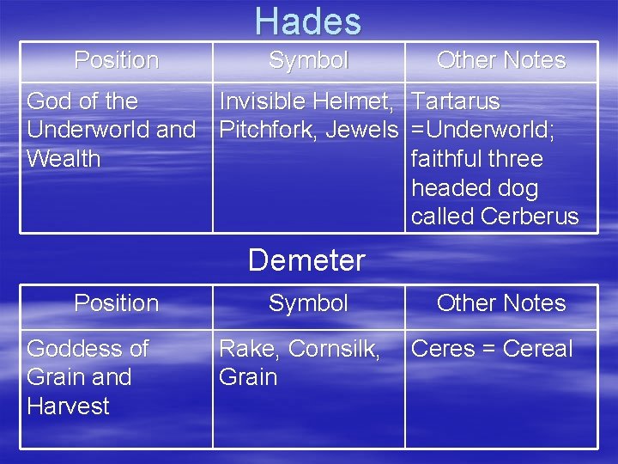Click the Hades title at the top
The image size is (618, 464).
308,21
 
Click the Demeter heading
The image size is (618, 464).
306,259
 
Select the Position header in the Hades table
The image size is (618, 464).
117,60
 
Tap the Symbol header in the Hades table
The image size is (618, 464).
308,60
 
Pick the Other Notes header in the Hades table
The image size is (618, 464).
501,60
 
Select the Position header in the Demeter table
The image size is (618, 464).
117,303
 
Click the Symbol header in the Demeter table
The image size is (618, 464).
308,303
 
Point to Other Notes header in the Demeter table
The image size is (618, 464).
501,303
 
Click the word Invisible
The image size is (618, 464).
262,101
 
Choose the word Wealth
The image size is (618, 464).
64,159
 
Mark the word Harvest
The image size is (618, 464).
69,406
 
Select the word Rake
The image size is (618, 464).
250,349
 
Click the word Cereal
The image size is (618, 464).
536,349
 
